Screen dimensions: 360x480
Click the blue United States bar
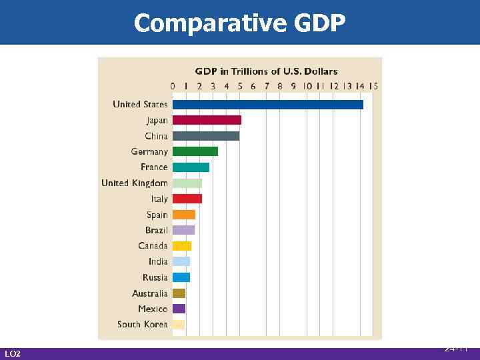[x=267, y=105]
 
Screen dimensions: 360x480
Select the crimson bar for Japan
[x=207, y=120]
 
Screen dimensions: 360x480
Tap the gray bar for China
[x=205, y=136]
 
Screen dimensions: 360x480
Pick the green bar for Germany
[x=195, y=151]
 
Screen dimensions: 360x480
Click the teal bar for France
[x=191, y=167]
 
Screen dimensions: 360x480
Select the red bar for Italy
[x=187, y=199]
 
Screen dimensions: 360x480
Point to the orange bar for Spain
[x=183, y=215]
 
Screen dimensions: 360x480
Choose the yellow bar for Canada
[x=181, y=246]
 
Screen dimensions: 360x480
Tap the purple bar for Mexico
[x=179, y=309]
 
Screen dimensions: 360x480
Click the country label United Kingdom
[x=134, y=183]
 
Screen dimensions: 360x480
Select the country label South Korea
[x=142, y=325]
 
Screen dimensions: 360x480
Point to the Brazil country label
[x=156, y=231]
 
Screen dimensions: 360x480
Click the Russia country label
[x=155, y=277]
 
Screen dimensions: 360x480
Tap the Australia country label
[x=149, y=293]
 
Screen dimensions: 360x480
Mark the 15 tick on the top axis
[x=373, y=86]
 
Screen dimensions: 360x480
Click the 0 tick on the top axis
[x=173, y=86]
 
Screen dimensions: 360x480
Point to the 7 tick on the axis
[x=267, y=86]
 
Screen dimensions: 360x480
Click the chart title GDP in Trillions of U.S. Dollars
[x=266, y=71]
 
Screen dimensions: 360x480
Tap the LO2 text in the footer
[x=12, y=353]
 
